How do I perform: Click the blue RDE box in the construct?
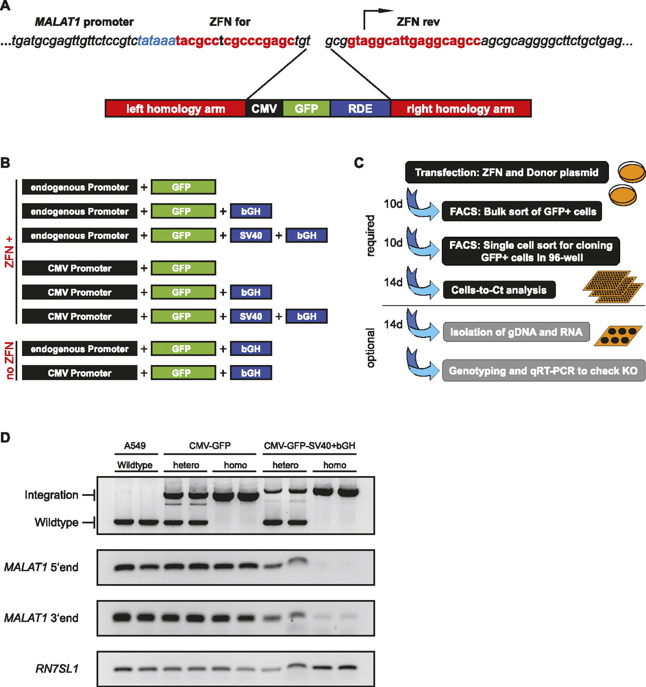pyautogui.click(x=360, y=108)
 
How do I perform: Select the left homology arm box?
pyautogui.click(x=176, y=108)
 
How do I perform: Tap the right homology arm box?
pyautogui.click(x=460, y=108)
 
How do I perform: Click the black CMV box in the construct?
pyautogui.click(x=264, y=108)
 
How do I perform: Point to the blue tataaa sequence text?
pyautogui.click(x=156, y=41)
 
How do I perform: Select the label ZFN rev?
pyautogui.click(x=418, y=22)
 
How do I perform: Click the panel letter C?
pyautogui.click(x=359, y=163)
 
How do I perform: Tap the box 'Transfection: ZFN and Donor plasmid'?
pyautogui.click(x=506, y=172)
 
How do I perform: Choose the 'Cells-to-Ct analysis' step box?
pyautogui.click(x=499, y=290)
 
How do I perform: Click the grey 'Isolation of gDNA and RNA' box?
pyautogui.click(x=516, y=332)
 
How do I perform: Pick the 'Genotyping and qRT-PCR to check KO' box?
pyautogui.click(x=543, y=371)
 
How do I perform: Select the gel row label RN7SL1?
pyautogui.click(x=57, y=669)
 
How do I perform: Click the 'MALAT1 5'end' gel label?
pyautogui.click(x=41, y=567)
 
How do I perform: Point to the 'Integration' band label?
pyautogui.click(x=52, y=495)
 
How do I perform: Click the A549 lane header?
pyautogui.click(x=134, y=446)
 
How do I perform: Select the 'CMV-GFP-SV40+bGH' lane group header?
pyautogui.click(x=309, y=446)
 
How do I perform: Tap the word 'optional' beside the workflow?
pyautogui.click(x=371, y=348)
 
